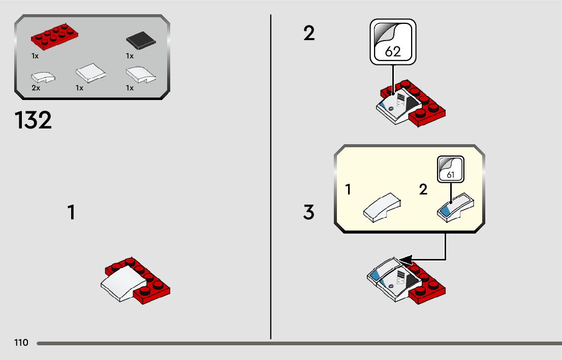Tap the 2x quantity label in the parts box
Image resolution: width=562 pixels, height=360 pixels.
[35, 88]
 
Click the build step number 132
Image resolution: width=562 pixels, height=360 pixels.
[33, 121]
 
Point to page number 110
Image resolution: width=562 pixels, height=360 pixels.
[21, 343]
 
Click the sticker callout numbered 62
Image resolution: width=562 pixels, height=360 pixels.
[393, 42]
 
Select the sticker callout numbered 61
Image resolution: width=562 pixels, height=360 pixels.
[450, 170]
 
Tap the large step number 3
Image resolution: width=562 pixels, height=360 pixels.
[309, 212]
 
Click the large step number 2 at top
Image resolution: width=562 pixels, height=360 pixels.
[309, 34]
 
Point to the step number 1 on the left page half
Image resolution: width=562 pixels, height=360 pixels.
[72, 212]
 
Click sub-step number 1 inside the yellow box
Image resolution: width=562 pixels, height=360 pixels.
[348, 190]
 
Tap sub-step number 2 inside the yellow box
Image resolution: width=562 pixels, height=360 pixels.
[423, 190]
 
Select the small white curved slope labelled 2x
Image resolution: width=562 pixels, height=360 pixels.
[43, 77]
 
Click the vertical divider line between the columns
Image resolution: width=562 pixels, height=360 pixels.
[271, 178]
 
